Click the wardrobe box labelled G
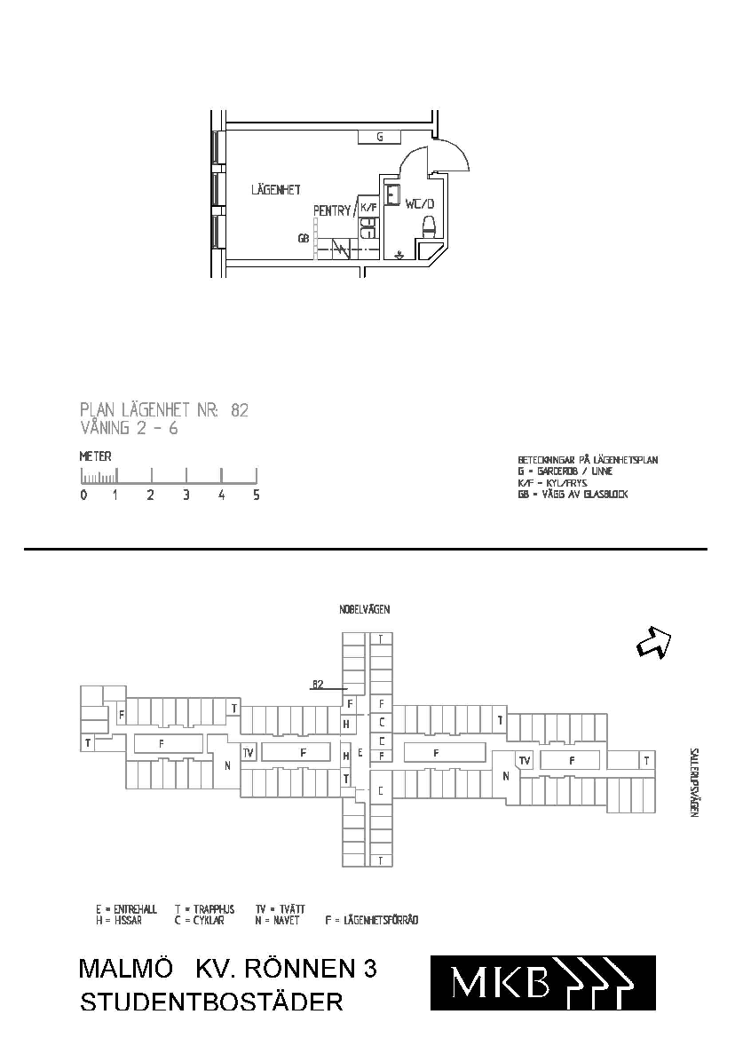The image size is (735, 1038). tap(379, 137)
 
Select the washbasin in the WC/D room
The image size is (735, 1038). tap(393, 194)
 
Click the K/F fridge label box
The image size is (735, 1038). tap(368, 207)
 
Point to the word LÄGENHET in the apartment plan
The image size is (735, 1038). tap(275, 189)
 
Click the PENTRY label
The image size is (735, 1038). tap(332, 210)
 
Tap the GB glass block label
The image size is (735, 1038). tap(303, 238)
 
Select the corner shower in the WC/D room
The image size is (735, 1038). tap(433, 254)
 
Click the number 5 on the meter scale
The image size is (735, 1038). tap(257, 495)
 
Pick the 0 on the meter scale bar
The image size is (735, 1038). tap(83, 495)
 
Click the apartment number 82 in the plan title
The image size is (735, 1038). tap(239, 410)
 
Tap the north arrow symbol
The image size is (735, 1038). tap(653, 642)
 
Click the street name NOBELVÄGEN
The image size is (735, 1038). tap(364, 610)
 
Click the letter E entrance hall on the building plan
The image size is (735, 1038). tap(360, 751)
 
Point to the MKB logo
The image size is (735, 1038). tap(542, 982)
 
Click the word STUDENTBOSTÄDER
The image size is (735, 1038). tap(211, 1002)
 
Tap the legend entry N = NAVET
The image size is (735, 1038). tap(277, 921)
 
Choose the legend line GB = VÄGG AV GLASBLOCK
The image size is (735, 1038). tap(573, 495)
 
